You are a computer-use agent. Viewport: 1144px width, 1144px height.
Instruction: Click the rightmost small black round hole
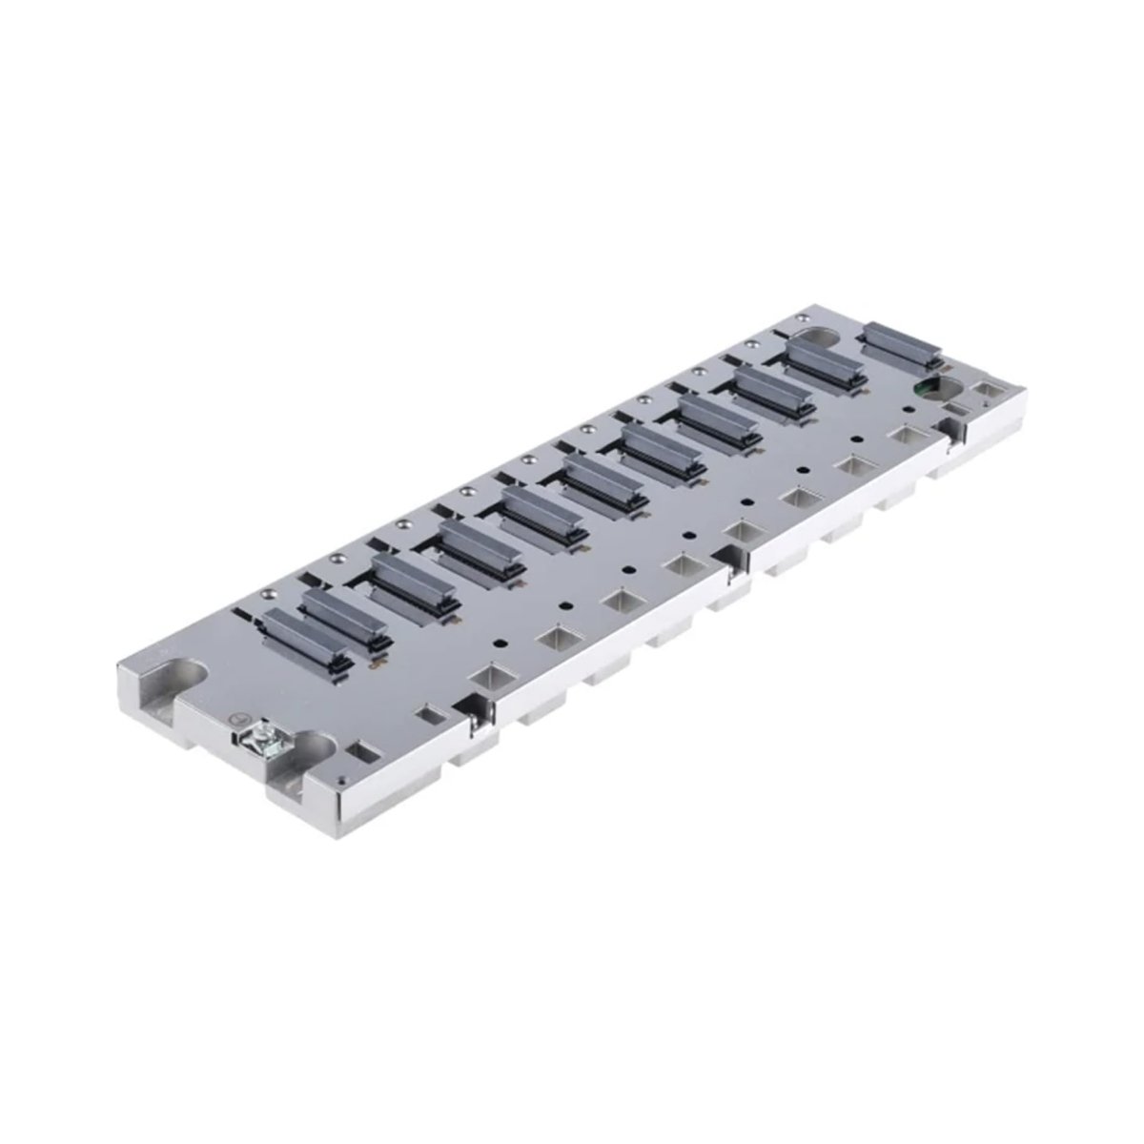point(859,438)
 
